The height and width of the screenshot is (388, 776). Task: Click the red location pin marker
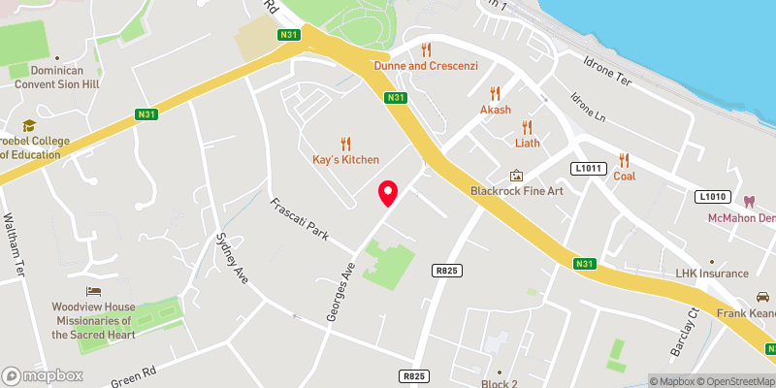tap(388, 194)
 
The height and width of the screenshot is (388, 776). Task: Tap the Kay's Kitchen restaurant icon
tap(346, 142)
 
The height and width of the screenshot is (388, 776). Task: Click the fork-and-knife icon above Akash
tap(495, 93)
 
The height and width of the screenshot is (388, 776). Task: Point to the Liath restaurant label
tap(528, 144)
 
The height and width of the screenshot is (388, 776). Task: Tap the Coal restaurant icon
tap(624, 160)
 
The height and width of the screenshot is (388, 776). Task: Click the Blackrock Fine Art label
tap(516, 190)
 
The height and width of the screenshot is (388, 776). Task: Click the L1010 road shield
tap(713, 197)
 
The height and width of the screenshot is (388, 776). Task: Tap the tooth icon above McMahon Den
tap(748, 202)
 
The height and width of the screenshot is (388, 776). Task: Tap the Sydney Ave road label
tap(229, 256)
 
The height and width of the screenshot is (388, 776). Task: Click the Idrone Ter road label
tap(608, 78)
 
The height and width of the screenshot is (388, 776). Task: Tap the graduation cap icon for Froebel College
tap(28, 125)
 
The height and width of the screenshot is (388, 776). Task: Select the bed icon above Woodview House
tap(93, 290)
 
